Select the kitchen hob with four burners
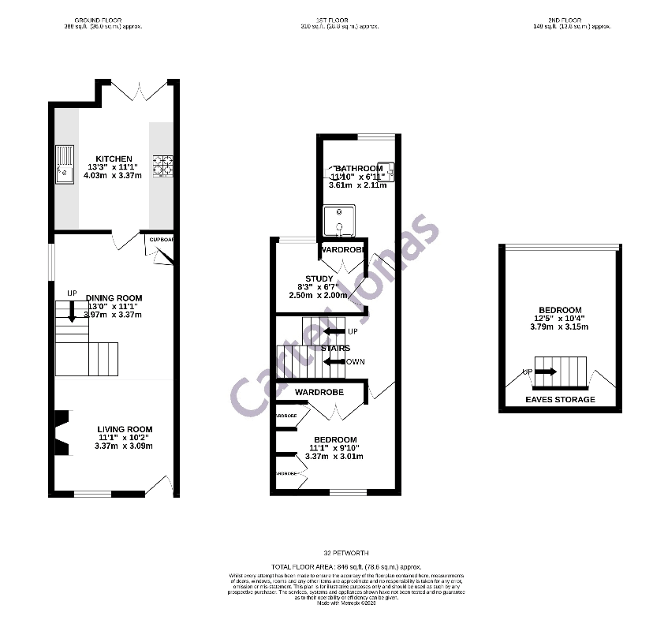click(x=163, y=166)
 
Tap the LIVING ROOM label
click(x=125, y=429)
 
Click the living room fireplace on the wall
click(x=60, y=433)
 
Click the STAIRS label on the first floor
click(x=335, y=348)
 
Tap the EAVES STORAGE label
click(x=561, y=400)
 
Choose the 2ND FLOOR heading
click(x=561, y=20)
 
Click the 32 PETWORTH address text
click(x=346, y=553)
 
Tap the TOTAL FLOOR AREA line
click(x=346, y=567)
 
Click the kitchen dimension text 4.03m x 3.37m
click(x=114, y=176)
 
